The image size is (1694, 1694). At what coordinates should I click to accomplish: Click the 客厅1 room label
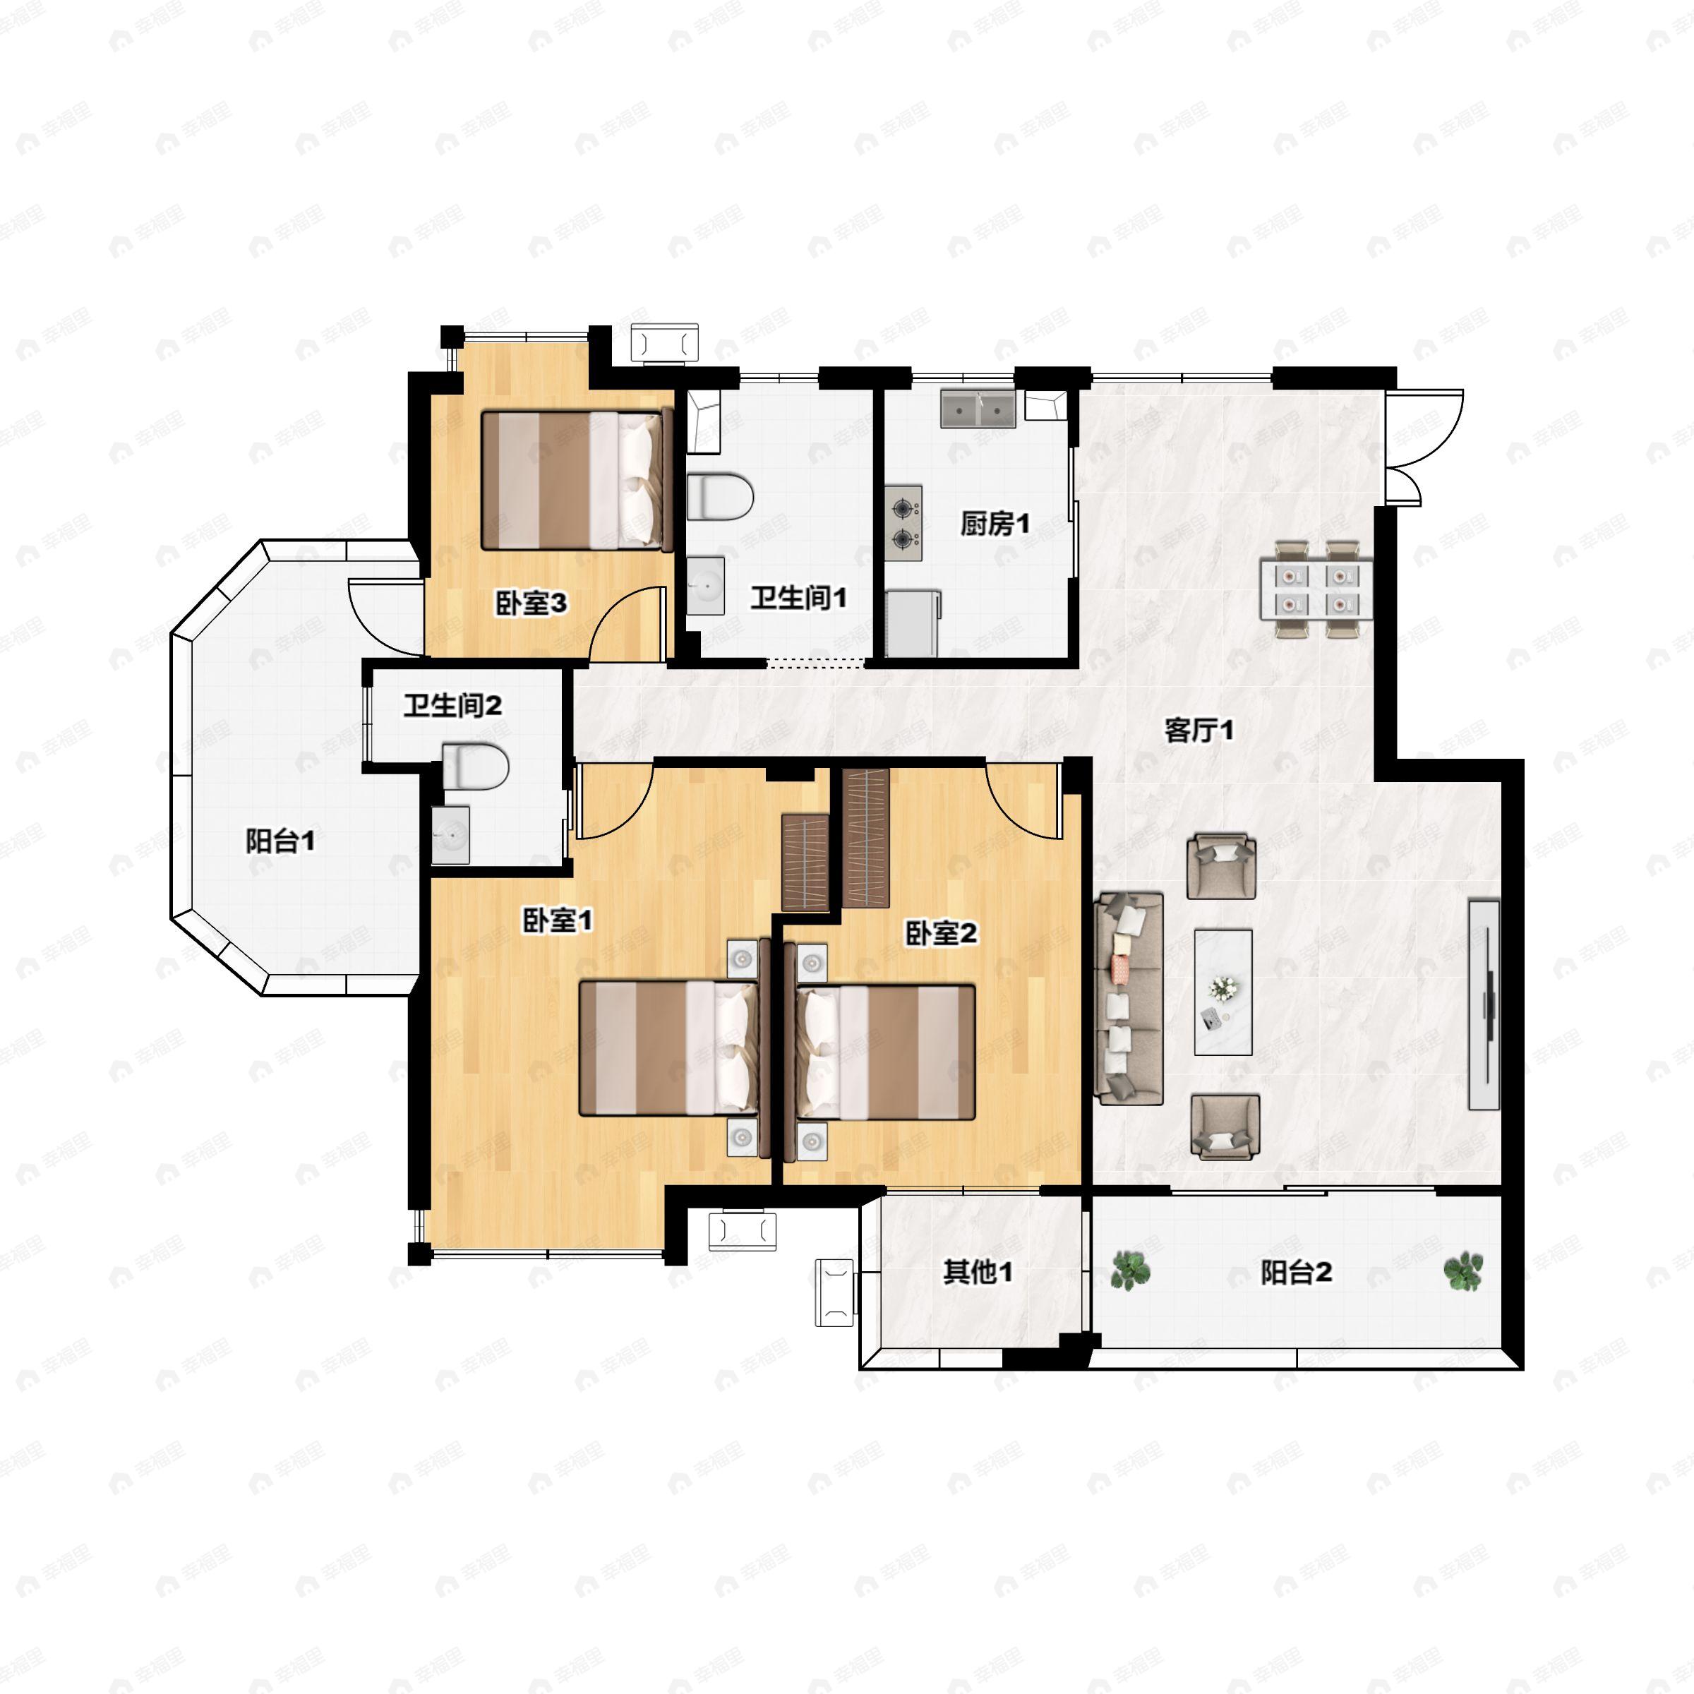click(1199, 730)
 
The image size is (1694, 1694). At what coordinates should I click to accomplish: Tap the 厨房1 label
click(995, 524)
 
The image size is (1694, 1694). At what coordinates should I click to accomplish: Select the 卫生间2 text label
click(452, 705)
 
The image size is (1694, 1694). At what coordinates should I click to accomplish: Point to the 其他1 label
click(978, 1271)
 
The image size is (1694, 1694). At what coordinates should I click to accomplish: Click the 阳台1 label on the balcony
click(280, 842)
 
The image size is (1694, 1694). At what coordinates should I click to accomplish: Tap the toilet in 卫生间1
click(720, 497)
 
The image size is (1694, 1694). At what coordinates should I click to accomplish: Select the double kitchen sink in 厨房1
click(978, 409)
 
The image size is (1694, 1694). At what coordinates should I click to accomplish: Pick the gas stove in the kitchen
click(903, 524)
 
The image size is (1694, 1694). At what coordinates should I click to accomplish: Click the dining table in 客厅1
click(1316, 589)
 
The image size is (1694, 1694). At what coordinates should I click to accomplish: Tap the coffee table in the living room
click(1223, 992)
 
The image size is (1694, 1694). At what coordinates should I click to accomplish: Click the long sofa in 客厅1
click(1129, 999)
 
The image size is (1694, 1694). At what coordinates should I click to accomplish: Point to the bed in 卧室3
click(576, 481)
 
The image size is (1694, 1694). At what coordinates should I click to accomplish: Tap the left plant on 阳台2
click(1131, 1270)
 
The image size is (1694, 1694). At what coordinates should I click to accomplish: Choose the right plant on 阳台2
click(1463, 1271)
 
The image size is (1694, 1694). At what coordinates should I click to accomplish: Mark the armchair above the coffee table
click(1221, 866)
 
